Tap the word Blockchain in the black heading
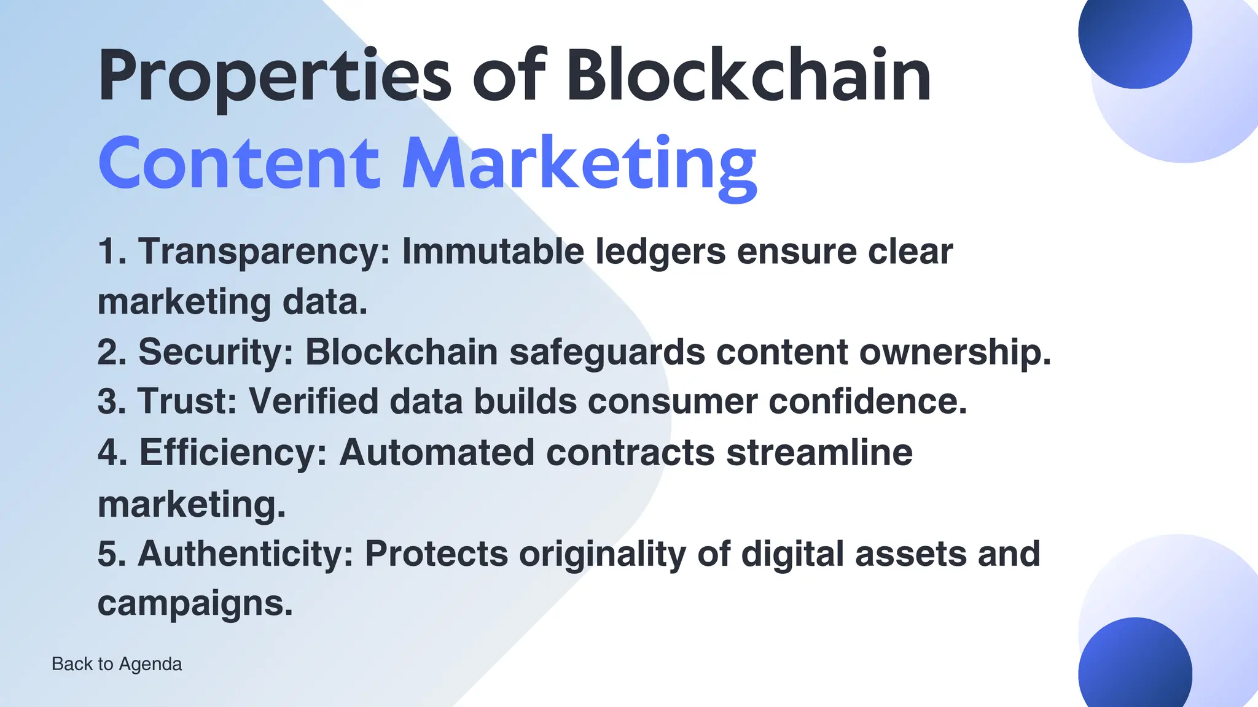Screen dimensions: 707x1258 click(x=748, y=76)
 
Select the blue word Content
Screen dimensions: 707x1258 click(x=238, y=163)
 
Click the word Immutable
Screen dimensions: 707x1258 click(x=493, y=252)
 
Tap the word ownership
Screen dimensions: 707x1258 click(x=955, y=353)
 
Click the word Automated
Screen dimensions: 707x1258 click(x=437, y=453)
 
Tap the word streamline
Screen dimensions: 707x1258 click(x=819, y=453)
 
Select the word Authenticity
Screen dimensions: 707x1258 click(x=246, y=554)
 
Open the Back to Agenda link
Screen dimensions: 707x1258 click(x=117, y=664)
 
